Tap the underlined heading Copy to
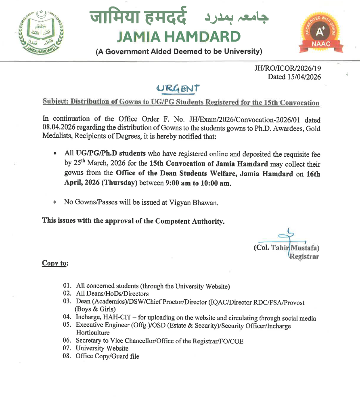click(55, 263)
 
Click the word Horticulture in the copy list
click(92, 333)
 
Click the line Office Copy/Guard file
click(107, 356)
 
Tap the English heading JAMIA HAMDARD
click(178, 37)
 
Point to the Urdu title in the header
click(236, 17)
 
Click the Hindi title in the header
click(138, 17)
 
